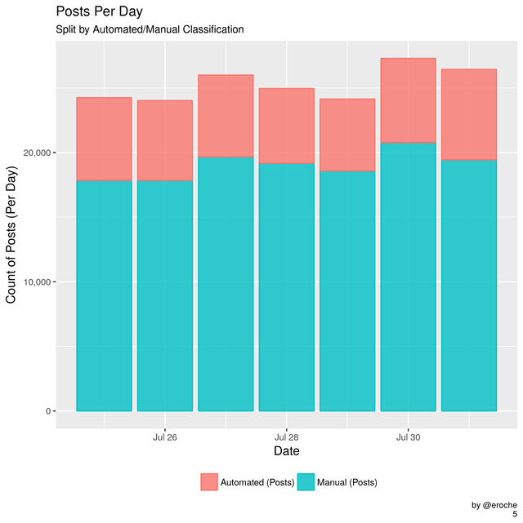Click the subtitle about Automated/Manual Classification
[150, 30]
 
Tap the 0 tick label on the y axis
[47, 411]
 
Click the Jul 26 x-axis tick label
[165, 437]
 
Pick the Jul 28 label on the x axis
[287, 437]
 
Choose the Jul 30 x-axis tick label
[408, 437]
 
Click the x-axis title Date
[286, 451]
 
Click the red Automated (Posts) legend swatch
[210, 482]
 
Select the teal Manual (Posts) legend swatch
[305, 482]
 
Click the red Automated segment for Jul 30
[408, 100]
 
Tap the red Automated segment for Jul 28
[287, 126]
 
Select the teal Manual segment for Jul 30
[408, 277]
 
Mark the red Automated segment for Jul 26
[165, 140]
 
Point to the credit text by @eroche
[493, 506]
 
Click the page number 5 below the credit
[515, 516]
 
